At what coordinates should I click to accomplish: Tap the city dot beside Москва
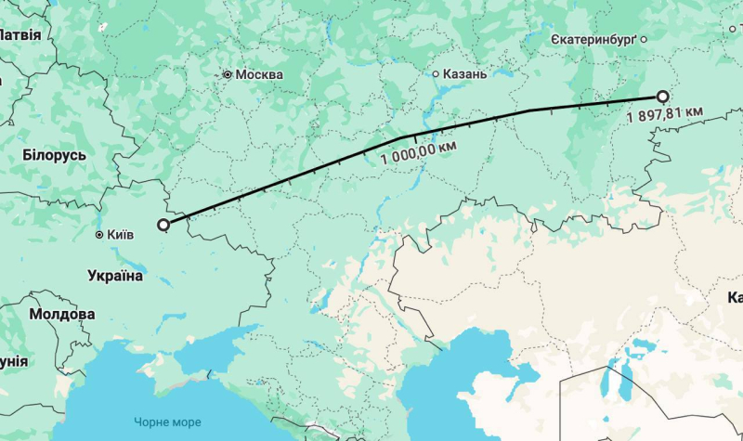[x=227, y=73]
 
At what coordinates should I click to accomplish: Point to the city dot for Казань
[x=436, y=73]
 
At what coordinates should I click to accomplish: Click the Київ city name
[x=121, y=235]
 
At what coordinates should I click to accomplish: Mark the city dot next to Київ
[x=99, y=236]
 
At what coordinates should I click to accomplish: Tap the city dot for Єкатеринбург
[x=642, y=40]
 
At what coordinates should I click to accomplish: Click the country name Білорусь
[x=54, y=155]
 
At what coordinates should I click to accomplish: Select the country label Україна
[x=115, y=276]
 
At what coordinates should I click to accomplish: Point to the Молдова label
[x=61, y=315]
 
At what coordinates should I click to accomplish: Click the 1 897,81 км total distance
[x=664, y=115]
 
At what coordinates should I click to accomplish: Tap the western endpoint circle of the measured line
[x=164, y=224]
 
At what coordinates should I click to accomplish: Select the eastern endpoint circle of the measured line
[x=662, y=96]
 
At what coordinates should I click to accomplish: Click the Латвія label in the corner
[x=20, y=35]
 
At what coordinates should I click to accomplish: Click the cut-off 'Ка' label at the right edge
[x=734, y=298]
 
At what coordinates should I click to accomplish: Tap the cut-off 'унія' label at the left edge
[x=13, y=361]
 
